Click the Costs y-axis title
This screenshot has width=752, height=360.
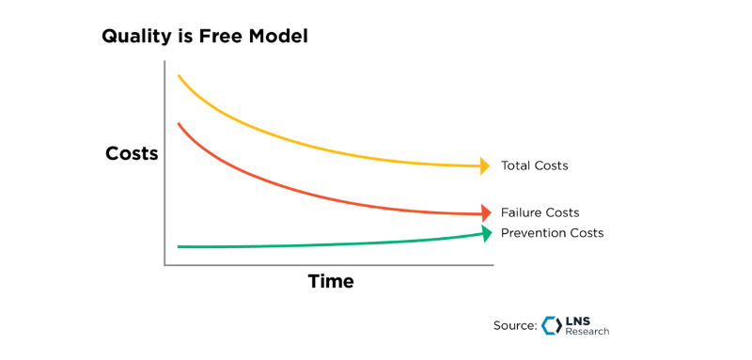[132, 153]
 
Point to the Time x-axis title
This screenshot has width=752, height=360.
[331, 281]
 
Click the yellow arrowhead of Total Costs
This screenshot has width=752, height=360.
[485, 166]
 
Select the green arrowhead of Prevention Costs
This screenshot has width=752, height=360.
[486, 233]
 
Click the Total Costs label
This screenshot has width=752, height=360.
[534, 166]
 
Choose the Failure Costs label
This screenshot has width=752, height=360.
[540, 213]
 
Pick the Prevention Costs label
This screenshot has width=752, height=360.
[552, 233]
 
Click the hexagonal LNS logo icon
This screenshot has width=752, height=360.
[552, 325]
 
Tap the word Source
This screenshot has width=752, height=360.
[513, 325]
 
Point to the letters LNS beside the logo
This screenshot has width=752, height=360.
[578, 321]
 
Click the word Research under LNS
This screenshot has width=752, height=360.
[587, 332]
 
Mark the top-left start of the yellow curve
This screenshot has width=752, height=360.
[179, 75]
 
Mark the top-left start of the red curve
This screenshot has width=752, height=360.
[179, 123]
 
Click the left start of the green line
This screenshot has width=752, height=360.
[179, 246]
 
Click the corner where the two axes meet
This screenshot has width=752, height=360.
[165, 265]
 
